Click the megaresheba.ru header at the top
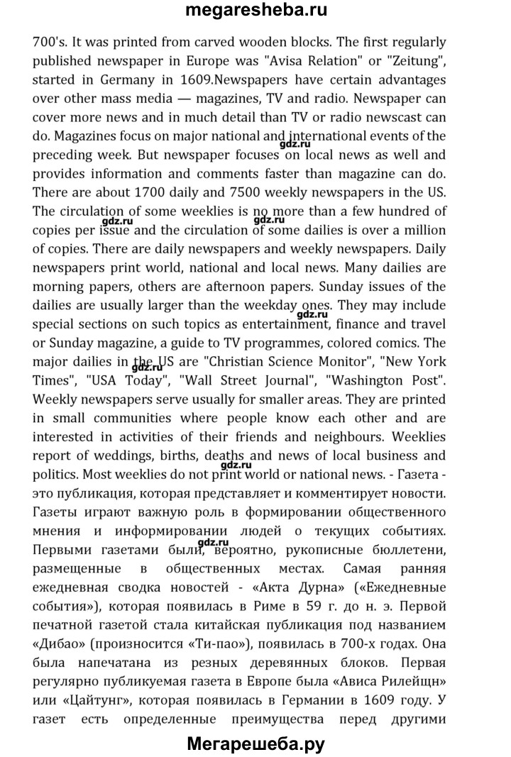[x=255, y=11]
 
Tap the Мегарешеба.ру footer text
[x=255, y=744]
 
